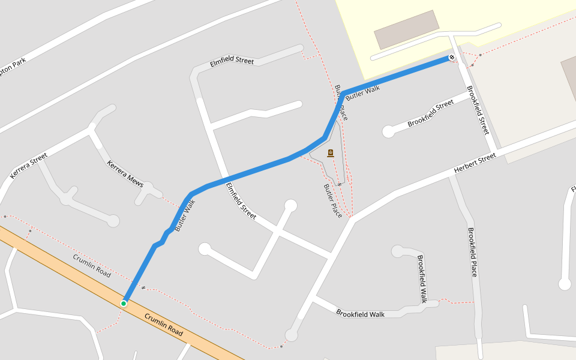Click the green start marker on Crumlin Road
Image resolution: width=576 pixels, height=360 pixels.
coord(124,304)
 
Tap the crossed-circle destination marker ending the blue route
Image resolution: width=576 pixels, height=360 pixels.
coord(451,58)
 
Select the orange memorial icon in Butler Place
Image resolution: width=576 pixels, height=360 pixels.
coord(330,154)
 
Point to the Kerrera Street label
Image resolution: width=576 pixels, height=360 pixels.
coord(28,166)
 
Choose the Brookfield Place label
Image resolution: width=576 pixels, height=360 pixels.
coord(473,252)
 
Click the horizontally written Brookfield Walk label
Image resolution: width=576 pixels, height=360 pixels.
coord(360,314)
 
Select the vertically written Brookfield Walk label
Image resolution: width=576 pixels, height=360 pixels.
coord(422,278)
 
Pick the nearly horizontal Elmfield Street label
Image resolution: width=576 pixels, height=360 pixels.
coord(232,62)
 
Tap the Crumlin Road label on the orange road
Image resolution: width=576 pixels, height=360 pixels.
coord(163,325)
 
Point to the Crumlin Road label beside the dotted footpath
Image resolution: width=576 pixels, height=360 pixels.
coord(92,265)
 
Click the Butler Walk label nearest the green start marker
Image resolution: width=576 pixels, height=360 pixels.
coord(185,215)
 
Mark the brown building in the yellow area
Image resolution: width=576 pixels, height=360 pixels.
coord(407,29)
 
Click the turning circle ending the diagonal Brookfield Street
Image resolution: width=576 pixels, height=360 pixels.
coord(389,131)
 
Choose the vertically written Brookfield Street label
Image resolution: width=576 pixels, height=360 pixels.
coord(478,110)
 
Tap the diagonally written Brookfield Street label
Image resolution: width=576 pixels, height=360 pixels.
coord(430,113)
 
